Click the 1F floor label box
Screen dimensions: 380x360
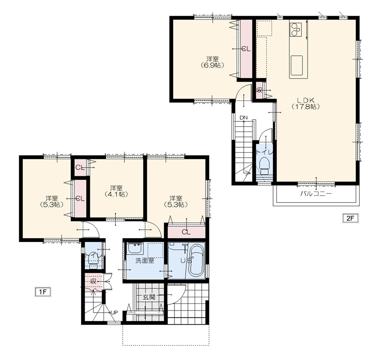pyautogui.click(x=43, y=292)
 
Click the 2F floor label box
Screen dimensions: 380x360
pyautogui.click(x=350, y=218)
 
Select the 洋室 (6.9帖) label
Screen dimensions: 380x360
pyautogui.click(x=212, y=62)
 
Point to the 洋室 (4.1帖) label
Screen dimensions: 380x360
pyautogui.click(x=116, y=191)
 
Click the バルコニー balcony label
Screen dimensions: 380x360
pyautogui.click(x=316, y=194)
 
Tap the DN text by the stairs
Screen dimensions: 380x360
pyautogui.click(x=244, y=118)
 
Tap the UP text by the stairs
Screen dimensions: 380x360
pyautogui.click(x=114, y=312)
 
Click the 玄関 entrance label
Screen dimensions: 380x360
pyautogui.click(x=149, y=297)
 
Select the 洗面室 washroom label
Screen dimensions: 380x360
pyautogui.click(x=145, y=260)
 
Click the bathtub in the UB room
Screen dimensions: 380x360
pyautogui.click(x=196, y=261)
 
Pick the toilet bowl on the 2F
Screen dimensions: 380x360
pyautogui.click(x=264, y=166)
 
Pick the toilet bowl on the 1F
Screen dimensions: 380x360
pyautogui.click(x=93, y=259)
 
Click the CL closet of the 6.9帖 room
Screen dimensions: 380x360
pyautogui.click(x=246, y=49)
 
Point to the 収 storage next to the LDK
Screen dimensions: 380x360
pyautogui.click(x=259, y=90)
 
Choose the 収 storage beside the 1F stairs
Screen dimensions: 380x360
pyautogui.click(x=93, y=282)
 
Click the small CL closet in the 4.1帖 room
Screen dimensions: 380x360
pyautogui.click(x=80, y=167)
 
